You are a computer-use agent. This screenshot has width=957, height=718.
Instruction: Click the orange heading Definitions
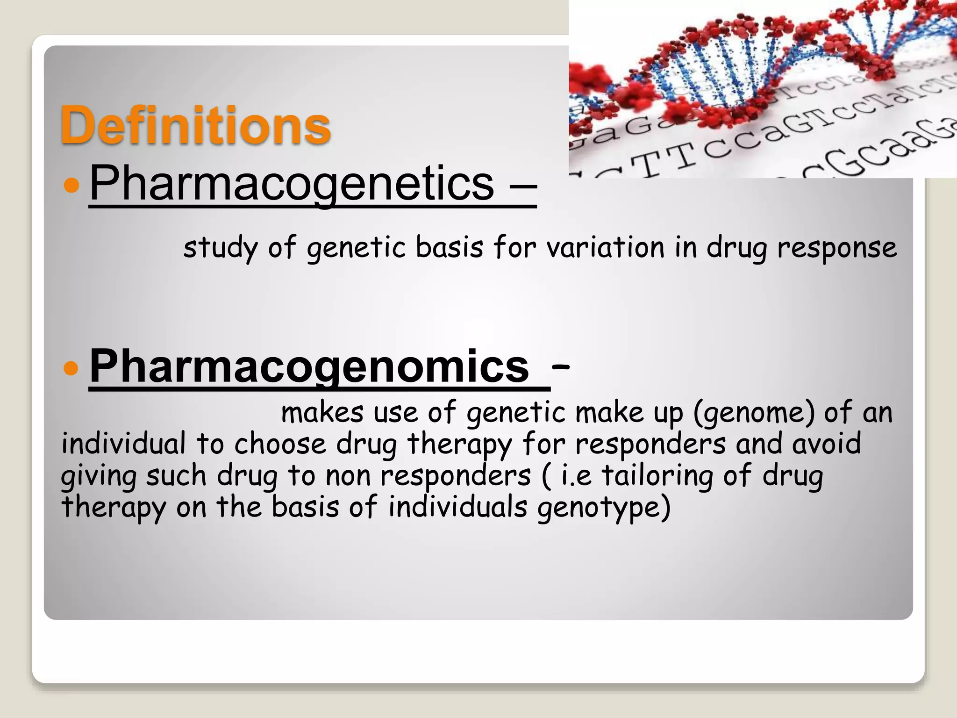tap(195, 125)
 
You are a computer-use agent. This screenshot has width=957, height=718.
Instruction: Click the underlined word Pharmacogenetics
tap(292, 183)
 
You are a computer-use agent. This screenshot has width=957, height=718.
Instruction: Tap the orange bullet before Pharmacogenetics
tap(71, 185)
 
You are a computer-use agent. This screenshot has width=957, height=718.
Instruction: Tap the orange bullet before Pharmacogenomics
tap(71, 368)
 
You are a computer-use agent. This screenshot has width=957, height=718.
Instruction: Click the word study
tap(220, 248)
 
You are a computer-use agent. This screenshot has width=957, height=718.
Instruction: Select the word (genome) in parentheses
tap(754, 413)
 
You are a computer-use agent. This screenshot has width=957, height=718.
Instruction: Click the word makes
tap(322, 413)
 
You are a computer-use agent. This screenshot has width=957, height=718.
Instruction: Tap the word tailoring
tap(657, 475)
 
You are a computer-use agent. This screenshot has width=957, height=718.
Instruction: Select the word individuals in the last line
tap(457, 507)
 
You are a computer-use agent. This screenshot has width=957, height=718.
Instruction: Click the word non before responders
tap(348, 476)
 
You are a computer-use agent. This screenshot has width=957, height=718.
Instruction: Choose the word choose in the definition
tap(280, 444)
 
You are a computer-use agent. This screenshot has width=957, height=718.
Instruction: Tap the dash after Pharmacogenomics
tap(560, 367)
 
